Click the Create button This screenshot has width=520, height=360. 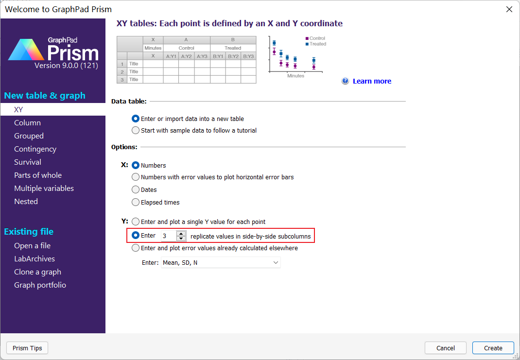[493, 348]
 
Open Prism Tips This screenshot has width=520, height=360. [27, 348]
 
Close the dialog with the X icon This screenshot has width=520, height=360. [509, 9]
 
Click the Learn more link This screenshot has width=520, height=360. [372, 81]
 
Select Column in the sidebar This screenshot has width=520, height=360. [28, 122]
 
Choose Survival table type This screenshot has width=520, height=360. [28, 162]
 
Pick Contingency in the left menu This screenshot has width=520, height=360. [35, 149]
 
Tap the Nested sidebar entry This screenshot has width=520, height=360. [26, 202]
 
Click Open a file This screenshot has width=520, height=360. [33, 246]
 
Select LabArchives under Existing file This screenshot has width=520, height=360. [35, 259]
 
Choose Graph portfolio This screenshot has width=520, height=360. [40, 285]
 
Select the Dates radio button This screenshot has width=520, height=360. [135, 189]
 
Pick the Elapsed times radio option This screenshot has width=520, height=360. [135, 202]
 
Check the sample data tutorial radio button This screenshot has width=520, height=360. [135, 130]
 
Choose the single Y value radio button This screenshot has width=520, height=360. [135, 222]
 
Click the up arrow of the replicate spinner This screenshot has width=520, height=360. [181, 234]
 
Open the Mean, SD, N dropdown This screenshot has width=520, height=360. [221, 262]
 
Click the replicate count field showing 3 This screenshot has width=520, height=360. [169, 236]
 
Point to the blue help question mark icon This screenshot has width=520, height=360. [345, 81]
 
